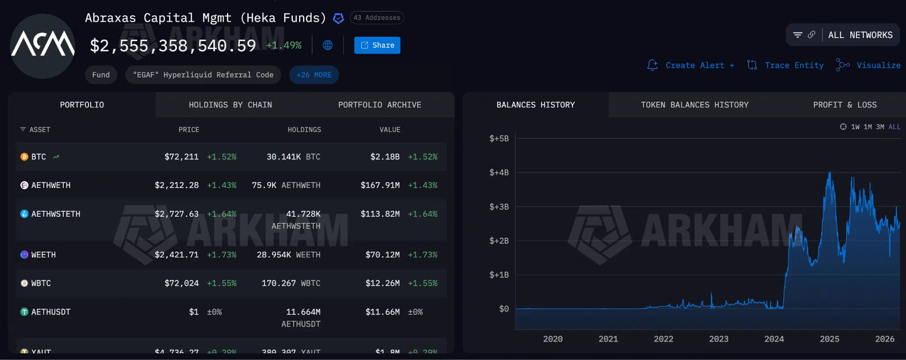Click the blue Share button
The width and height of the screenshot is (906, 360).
pos(377,45)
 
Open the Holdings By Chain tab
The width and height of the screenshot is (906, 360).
pos(230,105)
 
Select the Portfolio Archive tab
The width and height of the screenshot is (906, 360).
pos(380,105)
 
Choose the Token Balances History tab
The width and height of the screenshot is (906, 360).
pos(695,105)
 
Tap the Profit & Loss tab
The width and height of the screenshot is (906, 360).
pos(845,105)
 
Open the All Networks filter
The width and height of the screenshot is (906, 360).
pos(860,35)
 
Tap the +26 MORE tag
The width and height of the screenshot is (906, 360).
pos(314,75)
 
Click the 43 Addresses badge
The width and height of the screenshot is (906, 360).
pos(377,18)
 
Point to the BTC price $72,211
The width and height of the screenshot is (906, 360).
pos(181,157)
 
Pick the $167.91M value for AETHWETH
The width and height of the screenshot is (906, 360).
pos(380,185)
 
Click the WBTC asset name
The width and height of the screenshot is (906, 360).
pos(41,283)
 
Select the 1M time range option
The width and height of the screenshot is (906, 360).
pos(868,127)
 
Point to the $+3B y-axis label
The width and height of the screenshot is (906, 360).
pos(499,207)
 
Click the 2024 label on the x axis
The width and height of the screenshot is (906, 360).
pos(774,339)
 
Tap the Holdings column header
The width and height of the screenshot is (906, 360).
pos(304,130)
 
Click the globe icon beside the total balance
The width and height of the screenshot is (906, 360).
pos(328,45)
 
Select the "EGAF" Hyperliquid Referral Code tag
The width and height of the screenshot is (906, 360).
pos(203,75)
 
